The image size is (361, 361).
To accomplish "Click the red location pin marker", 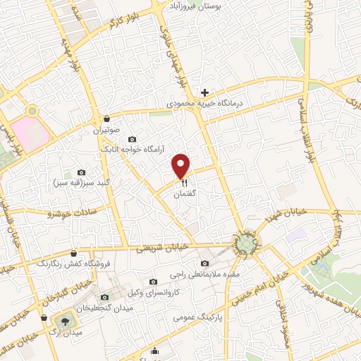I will point(182,165).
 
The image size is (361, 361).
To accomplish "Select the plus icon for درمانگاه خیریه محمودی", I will point(204,92).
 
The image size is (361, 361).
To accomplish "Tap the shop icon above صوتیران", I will point(106,118).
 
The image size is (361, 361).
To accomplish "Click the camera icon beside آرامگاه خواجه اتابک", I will point(132,139).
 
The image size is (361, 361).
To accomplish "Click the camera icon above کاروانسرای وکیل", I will point(153,282).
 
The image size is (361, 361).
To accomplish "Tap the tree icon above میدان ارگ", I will point(65,319).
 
